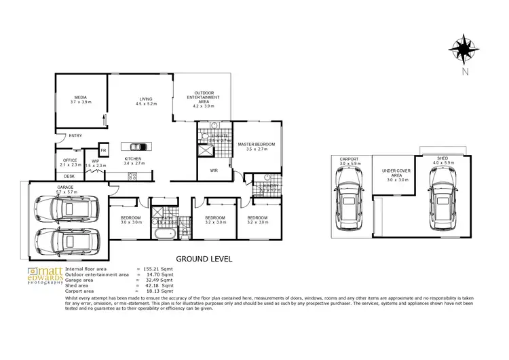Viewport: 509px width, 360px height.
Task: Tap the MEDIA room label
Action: (x=80, y=99)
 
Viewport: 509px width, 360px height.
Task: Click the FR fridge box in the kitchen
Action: (x=104, y=150)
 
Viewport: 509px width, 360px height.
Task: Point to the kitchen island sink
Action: (x=136, y=146)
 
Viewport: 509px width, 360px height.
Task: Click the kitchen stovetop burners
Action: (x=133, y=177)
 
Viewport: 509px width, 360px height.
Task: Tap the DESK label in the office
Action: (x=69, y=176)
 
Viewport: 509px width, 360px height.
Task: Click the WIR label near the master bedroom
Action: (x=213, y=170)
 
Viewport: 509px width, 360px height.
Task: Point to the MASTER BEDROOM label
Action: (x=256, y=144)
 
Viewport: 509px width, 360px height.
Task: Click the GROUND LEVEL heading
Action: (x=204, y=259)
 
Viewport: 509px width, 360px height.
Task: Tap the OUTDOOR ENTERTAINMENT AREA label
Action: (x=204, y=99)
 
